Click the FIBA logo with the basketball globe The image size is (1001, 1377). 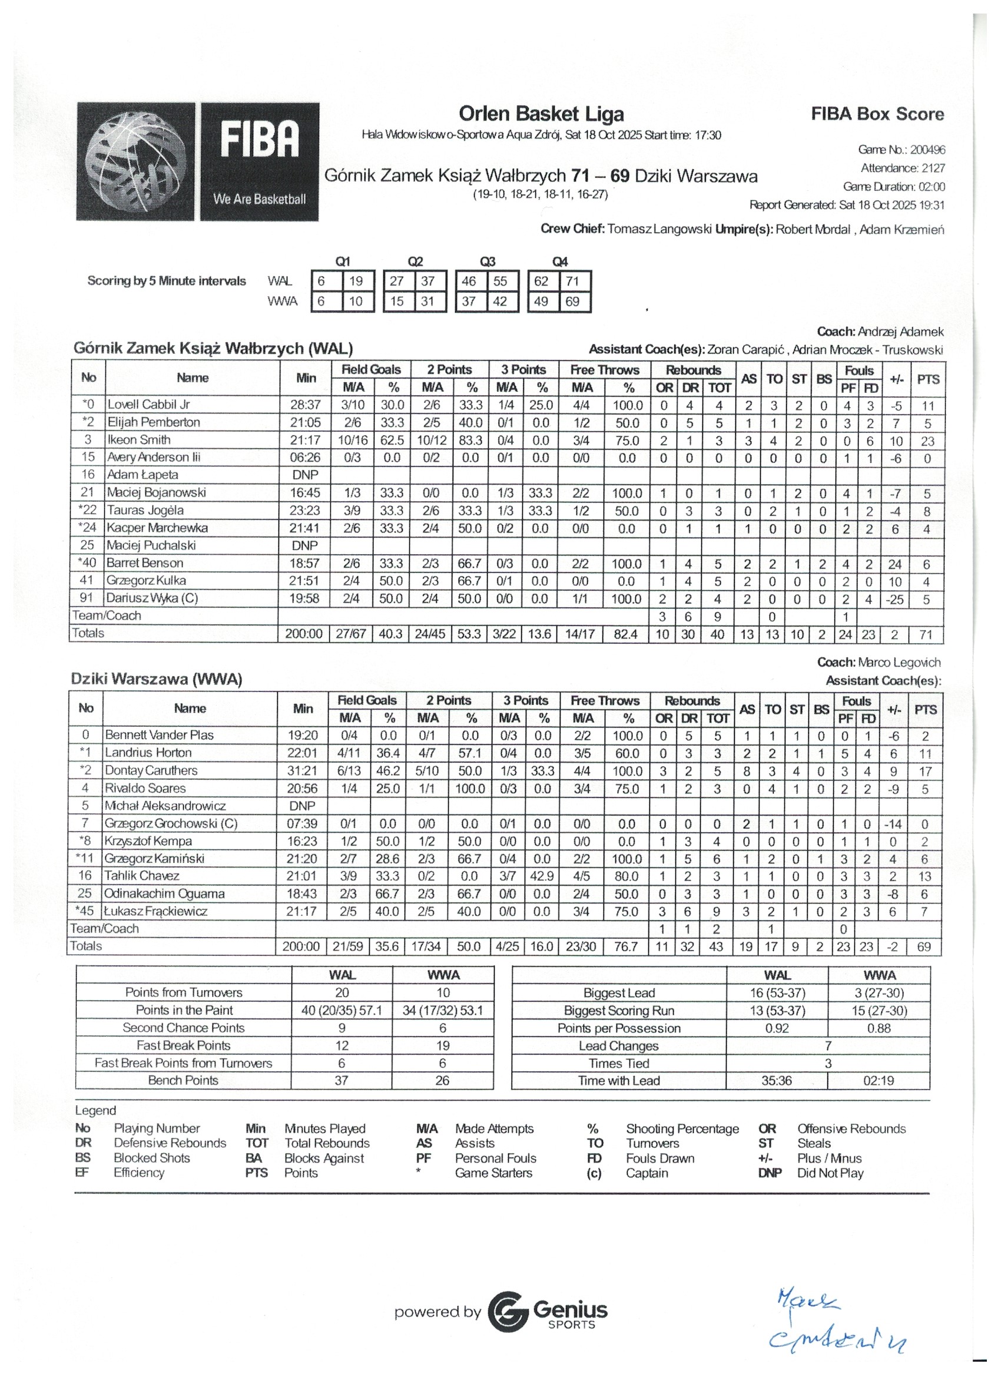pyautogui.click(x=197, y=161)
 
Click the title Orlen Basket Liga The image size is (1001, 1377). pyautogui.click(x=541, y=114)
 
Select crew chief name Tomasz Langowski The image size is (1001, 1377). pyautogui.click(x=659, y=230)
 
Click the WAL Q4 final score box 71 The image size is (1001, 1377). pyautogui.click(x=572, y=281)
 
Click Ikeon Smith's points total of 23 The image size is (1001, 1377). pyautogui.click(x=927, y=441)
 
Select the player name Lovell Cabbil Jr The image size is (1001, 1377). pyautogui.click(x=149, y=405)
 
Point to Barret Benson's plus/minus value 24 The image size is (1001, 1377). pyautogui.click(x=895, y=564)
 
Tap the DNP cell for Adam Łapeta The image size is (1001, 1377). pyautogui.click(x=305, y=475)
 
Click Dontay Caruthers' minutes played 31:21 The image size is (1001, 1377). pyautogui.click(x=302, y=770)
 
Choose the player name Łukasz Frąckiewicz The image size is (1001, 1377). pyautogui.click(x=156, y=911)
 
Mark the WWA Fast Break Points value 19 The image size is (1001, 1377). pyautogui.click(x=443, y=1045)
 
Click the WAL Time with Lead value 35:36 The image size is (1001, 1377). pyautogui.click(x=777, y=1081)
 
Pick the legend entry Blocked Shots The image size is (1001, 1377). pyautogui.click(x=152, y=1158)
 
